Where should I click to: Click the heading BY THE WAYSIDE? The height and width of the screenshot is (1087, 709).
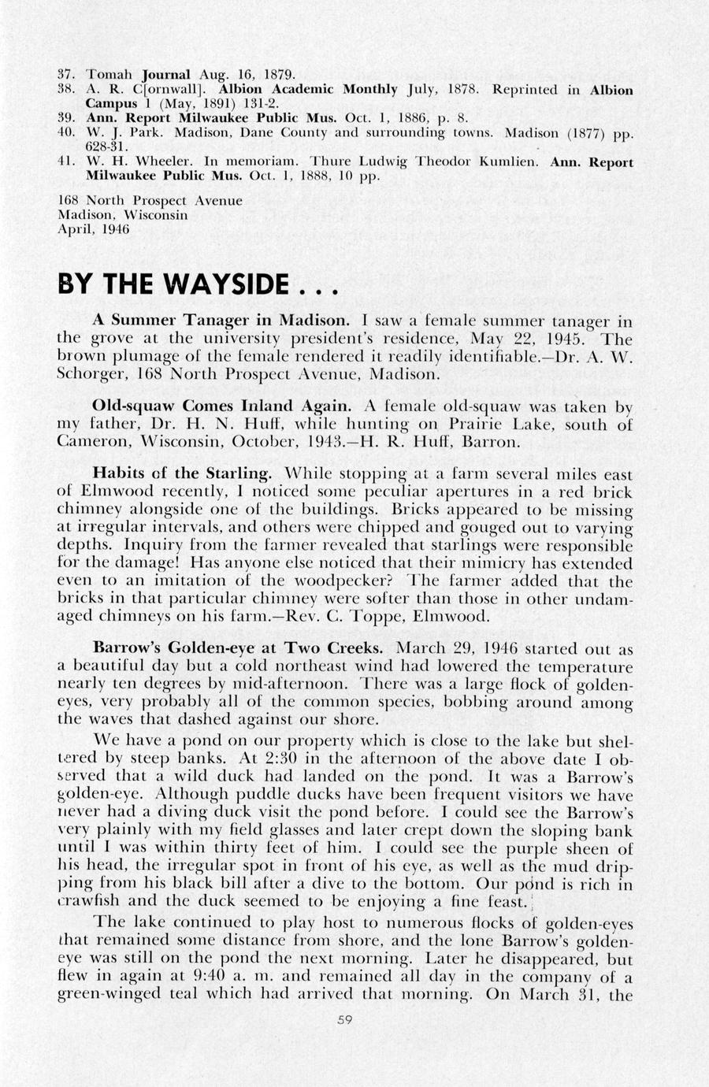198,284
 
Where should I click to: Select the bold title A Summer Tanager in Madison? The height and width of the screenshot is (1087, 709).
221,321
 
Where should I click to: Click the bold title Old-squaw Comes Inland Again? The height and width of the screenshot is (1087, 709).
222,406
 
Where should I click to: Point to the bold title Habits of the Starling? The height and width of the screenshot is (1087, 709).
183,473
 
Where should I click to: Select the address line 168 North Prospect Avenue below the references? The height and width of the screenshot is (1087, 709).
150,201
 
